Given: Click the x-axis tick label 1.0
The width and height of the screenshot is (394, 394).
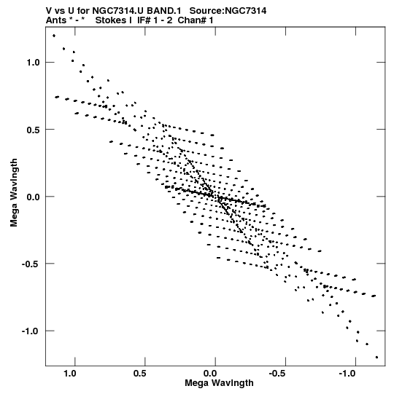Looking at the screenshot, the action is [x=70, y=374].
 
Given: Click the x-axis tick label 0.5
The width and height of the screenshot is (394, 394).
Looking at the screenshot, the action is [x=140, y=374].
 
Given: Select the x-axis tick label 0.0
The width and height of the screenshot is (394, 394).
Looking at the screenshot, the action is [x=210, y=374].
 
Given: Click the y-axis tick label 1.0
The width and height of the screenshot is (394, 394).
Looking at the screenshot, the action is [x=34, y=63].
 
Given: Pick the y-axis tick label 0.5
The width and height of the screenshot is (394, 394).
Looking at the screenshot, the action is [x=34, y=130].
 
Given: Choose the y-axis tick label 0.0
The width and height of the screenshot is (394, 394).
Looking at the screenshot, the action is [x=34, y=197].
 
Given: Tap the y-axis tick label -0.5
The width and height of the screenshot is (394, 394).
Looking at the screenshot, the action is [x=31, y=264].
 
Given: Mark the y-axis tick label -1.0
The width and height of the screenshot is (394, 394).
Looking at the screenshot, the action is [x=31, y=331].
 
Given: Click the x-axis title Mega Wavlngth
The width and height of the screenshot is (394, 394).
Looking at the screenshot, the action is [x=219, y=383].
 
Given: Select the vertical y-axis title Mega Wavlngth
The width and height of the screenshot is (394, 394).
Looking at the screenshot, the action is [x=14, y=192].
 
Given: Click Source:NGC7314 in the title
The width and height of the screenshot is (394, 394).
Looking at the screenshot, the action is [x=228, y=11].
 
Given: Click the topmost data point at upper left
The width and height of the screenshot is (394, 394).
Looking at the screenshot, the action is [x=54, y=36].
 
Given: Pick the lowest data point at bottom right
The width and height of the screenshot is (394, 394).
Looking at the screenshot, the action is [x=376, y=357].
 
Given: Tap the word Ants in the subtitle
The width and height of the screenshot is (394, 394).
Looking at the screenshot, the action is [x=56, y=20].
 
